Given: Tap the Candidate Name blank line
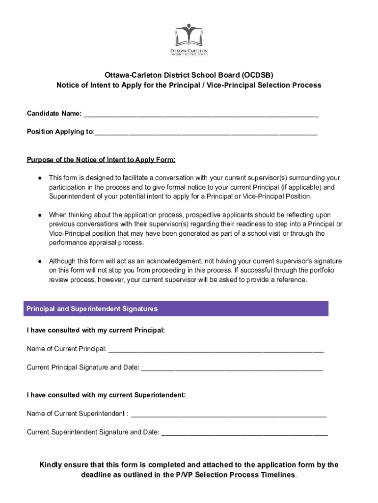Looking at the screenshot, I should click(201, 114).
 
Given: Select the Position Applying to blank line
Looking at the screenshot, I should click(206, 132).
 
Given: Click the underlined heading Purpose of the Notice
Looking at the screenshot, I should click(101, 160).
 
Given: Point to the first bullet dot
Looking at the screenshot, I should click(39, 178).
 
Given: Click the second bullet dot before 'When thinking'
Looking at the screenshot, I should click(39, 215).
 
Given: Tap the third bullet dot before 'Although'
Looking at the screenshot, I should click(39, 261).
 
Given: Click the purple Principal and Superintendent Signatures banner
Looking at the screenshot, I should click(177, 309).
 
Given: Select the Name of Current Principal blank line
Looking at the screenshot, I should click(216, 349).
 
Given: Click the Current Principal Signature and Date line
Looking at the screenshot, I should click(232, 368).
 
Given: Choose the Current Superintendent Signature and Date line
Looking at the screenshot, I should click(244, 433).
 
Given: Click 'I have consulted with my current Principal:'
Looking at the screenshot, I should click(96, 331).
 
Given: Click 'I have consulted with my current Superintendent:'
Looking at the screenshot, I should click(106, 395).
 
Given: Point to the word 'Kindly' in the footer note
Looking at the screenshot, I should click(51, 465).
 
